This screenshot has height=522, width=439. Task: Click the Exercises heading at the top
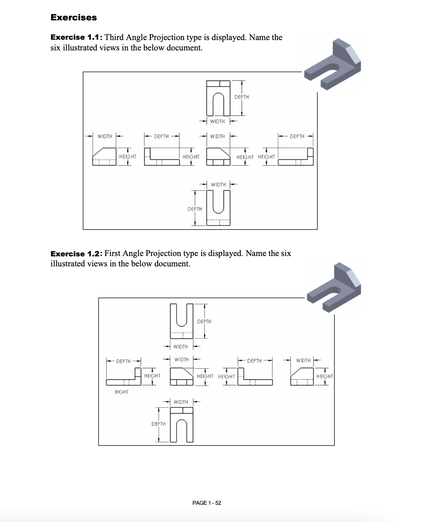pos(74,18)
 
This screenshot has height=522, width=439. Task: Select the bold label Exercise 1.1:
pos(77,38)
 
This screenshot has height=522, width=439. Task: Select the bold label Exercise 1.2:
pos(77,254)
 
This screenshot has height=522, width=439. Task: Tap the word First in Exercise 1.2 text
pos(112,253)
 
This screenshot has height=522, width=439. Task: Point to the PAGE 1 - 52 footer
pos(207,503)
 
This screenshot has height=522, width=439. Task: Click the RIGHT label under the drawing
pos(122,392)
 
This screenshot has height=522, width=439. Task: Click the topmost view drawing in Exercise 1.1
pos(218,96)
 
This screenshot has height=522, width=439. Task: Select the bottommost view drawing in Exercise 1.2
pos(182,425)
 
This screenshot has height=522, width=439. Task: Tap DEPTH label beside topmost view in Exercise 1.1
pos(242,97)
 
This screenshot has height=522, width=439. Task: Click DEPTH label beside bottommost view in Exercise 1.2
pos(158,424)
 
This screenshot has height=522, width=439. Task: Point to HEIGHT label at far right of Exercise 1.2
pos(324,376)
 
